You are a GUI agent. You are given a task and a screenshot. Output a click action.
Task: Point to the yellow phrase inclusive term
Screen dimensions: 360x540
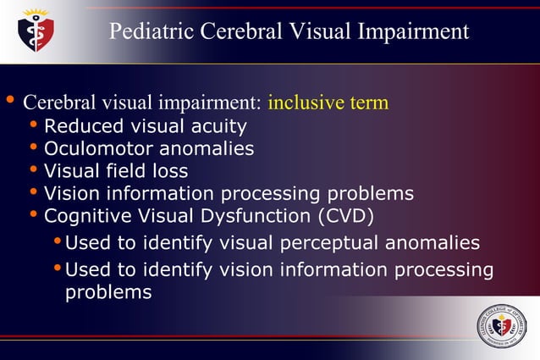click(328, 103)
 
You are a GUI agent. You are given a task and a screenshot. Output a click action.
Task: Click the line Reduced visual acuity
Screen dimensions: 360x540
click(145, 127)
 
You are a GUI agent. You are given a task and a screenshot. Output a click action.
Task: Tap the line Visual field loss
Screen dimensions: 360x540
click(115, 171)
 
